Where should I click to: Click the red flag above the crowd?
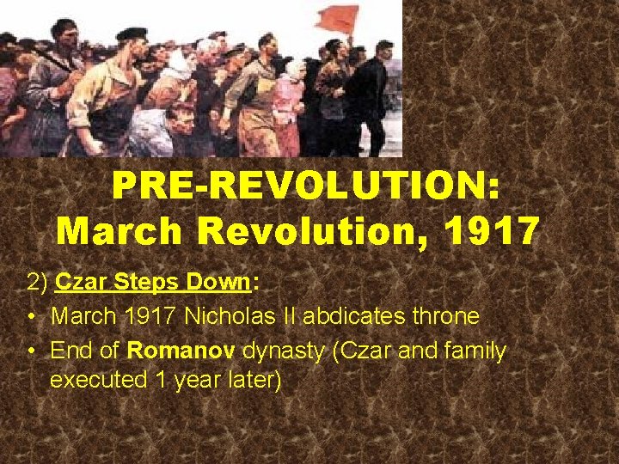tap(338, 18)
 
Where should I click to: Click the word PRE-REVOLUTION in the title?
tap(304, 186)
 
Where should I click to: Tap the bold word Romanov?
tap(181, 351)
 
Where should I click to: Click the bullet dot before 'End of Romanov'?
tap(30, 351)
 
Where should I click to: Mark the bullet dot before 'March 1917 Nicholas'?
tap(30, 316)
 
